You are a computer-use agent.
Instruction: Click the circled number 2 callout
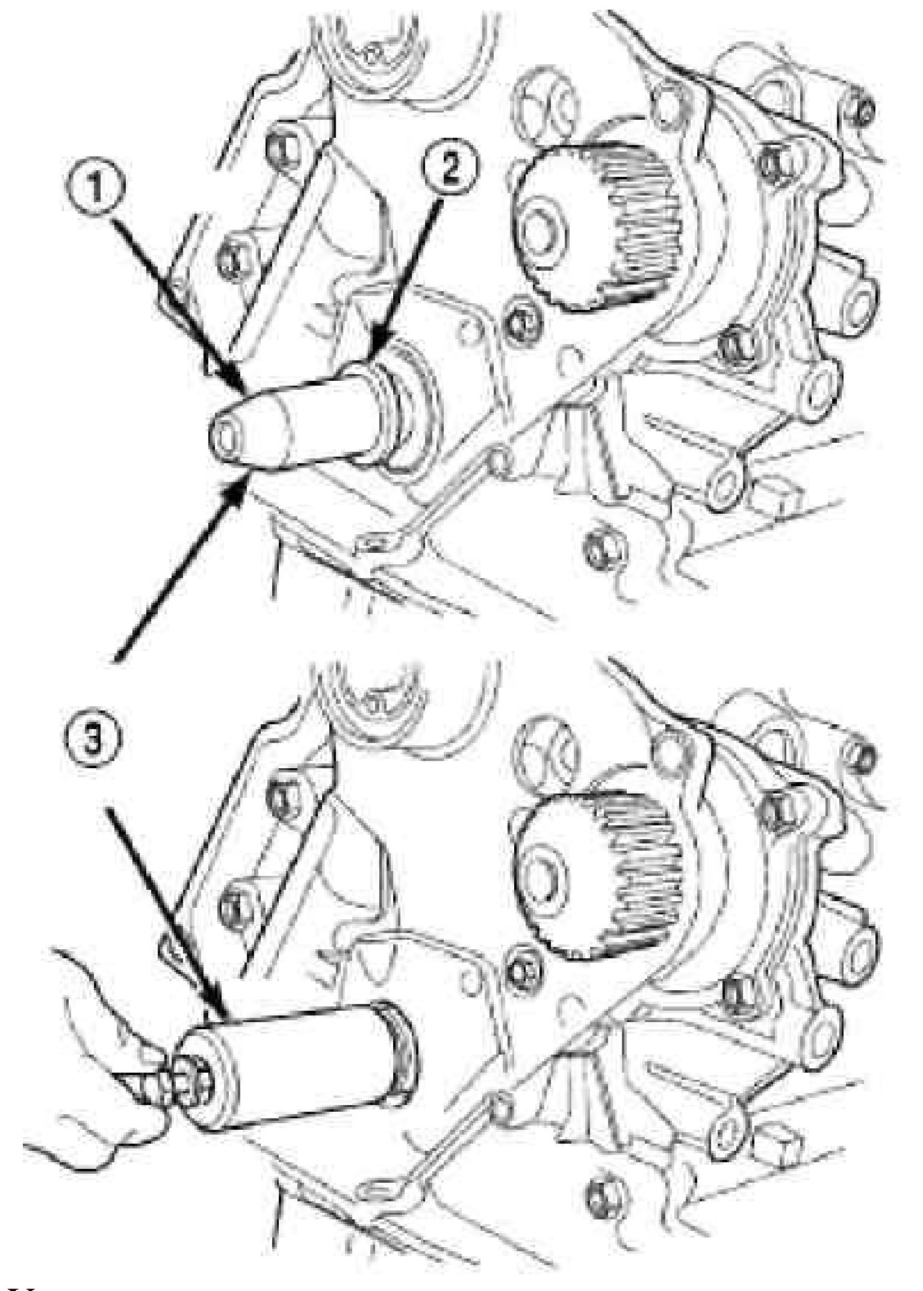point(450,168)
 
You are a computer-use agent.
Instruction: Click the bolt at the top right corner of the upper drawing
point(866,112)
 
